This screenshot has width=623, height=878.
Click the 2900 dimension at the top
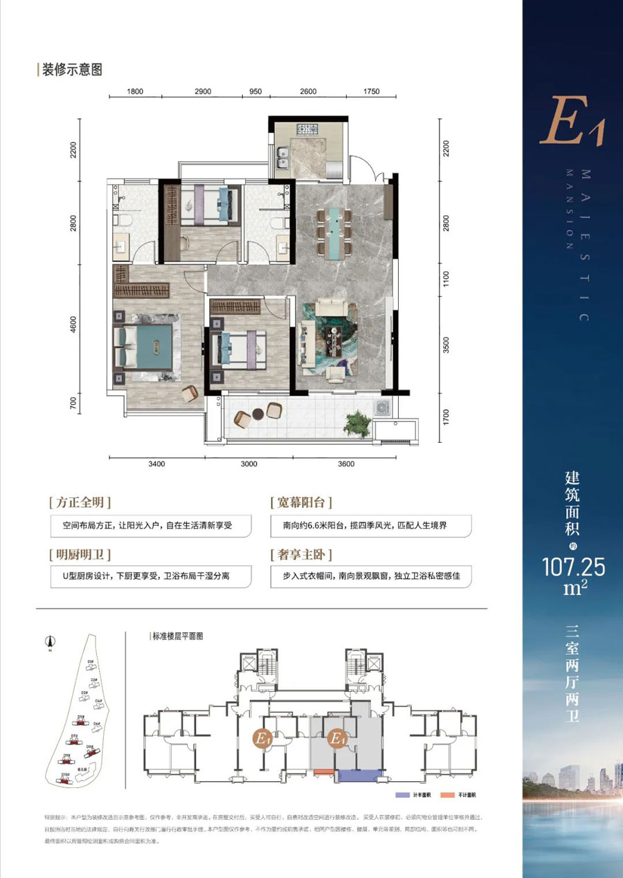click(x=203, y=91)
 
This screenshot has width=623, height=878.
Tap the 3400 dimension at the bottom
click(x=156, y=464)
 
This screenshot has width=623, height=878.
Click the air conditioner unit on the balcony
click(x=382, y=408)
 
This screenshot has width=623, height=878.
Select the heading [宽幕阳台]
click(x=300, y=502)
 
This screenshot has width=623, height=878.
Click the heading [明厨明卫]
click(x=80, y=555)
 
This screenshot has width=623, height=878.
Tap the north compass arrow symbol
click(x=50, y=641)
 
